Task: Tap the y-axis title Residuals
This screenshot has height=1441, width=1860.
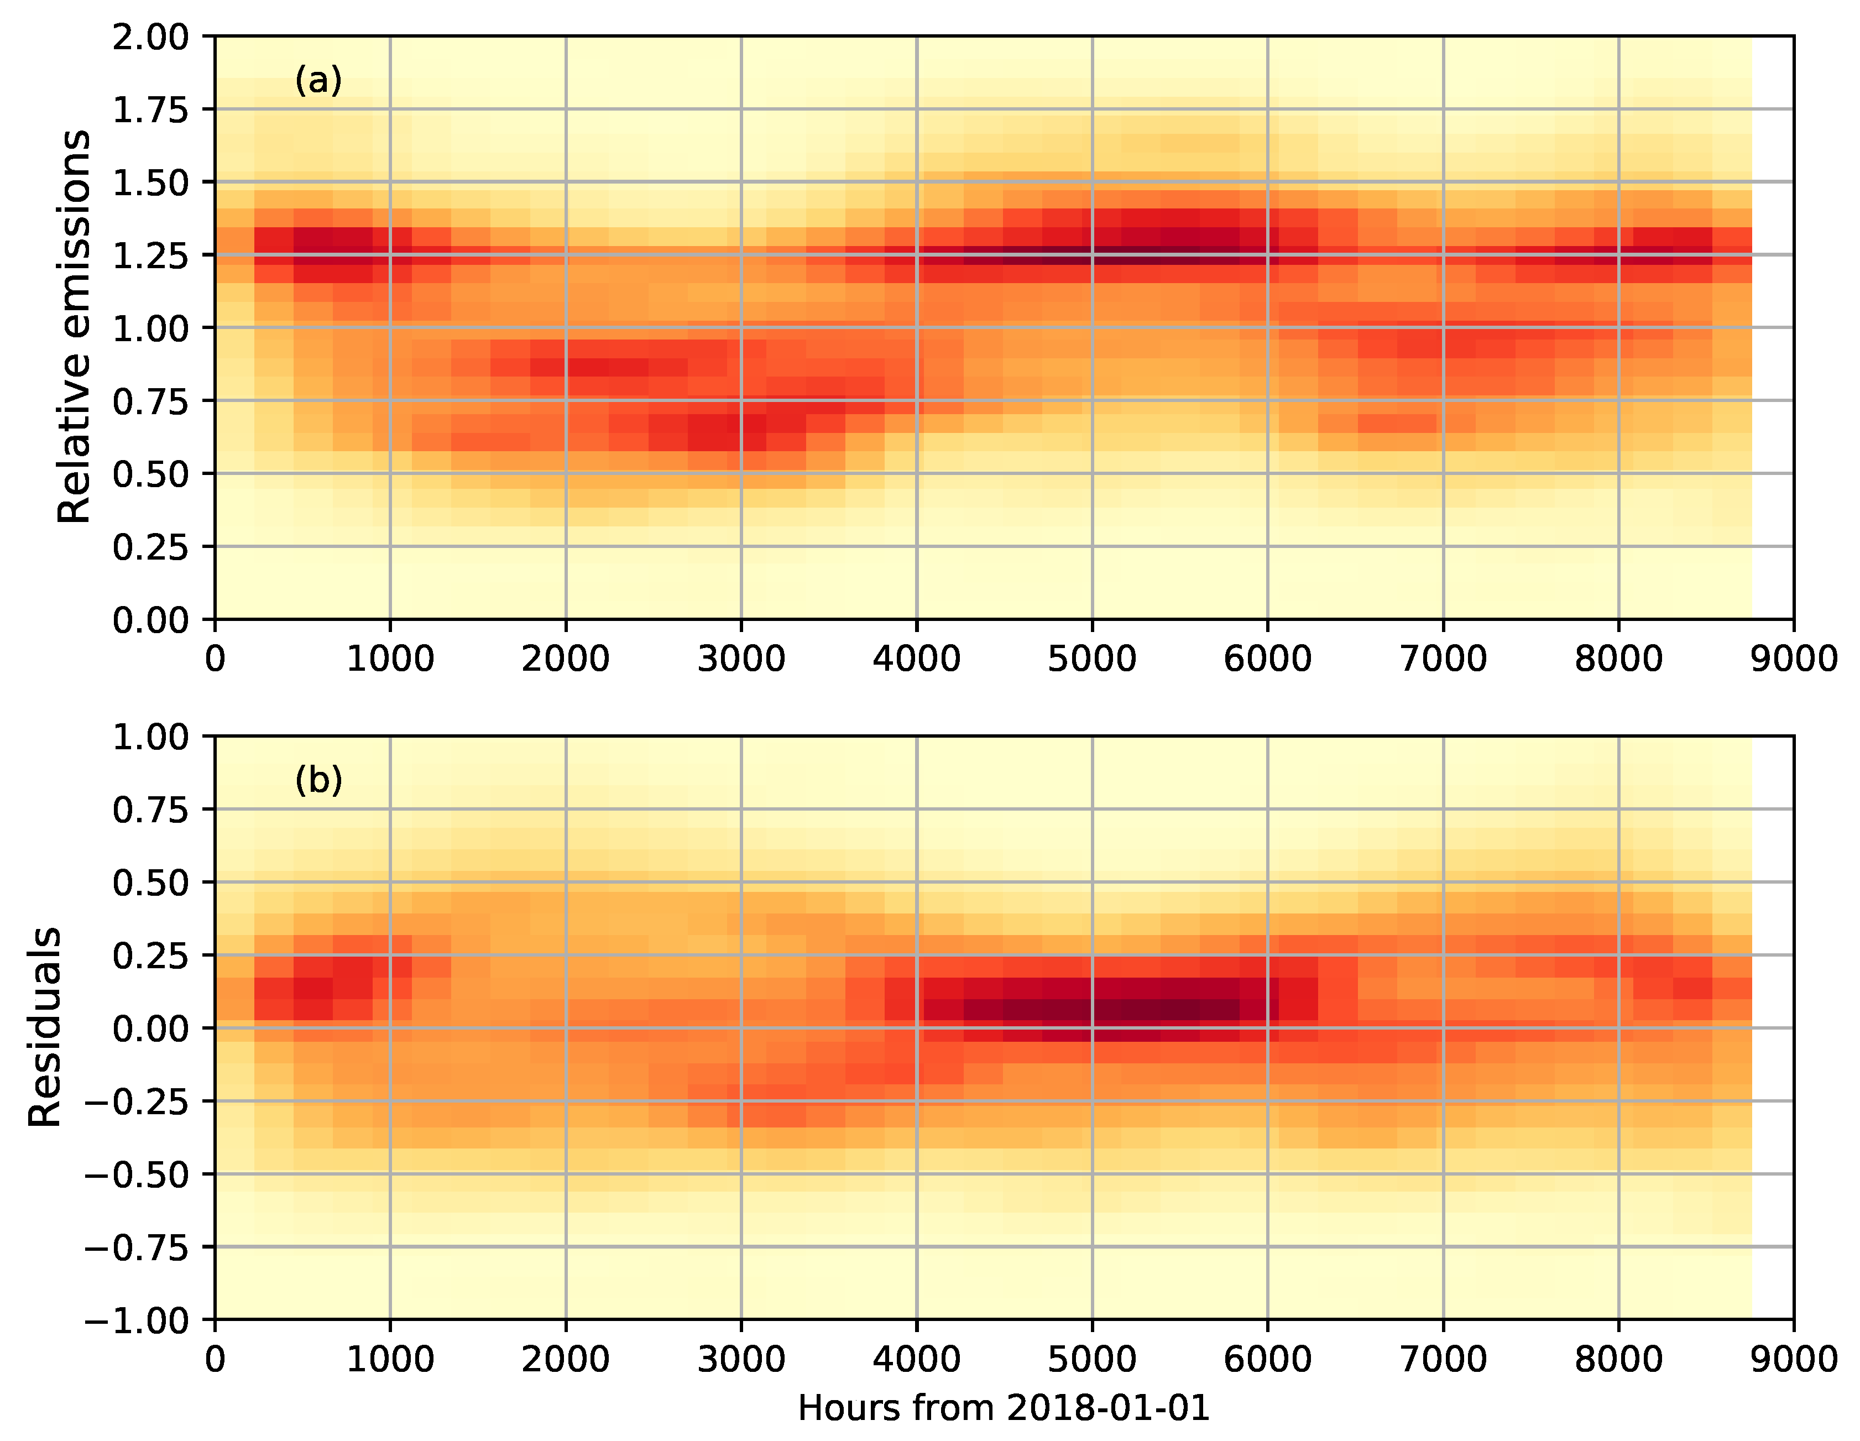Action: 44,1026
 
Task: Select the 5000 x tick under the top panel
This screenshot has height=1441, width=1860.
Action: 1092,659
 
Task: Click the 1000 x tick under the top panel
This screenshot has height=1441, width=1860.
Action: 390,659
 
